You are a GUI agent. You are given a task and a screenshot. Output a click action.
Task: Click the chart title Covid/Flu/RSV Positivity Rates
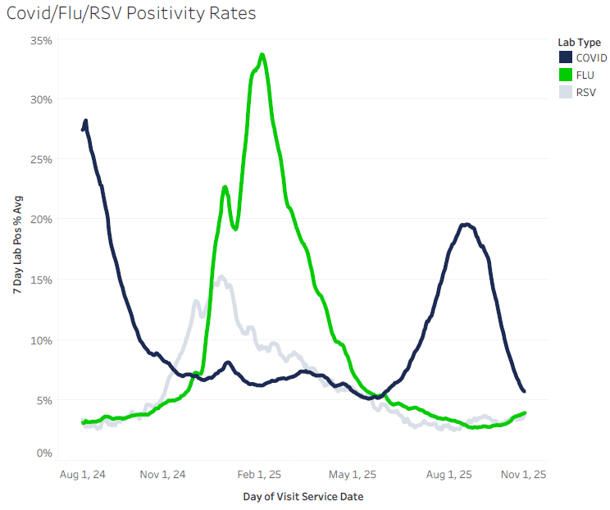coord(131,14)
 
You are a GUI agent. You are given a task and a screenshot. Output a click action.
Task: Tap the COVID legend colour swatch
coord(566,57)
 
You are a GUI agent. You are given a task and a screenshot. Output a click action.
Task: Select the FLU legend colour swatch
coord(566,75)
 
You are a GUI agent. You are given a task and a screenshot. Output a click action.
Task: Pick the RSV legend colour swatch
coord(566,92)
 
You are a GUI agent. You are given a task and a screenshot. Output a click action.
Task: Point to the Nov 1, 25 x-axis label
coord(523,474)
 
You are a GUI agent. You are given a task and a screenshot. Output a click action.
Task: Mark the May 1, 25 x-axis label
coord(353,474)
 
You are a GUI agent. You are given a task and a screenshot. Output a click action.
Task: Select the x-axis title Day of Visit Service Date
coord(303,497)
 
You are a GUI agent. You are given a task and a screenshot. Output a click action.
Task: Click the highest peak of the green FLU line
coord(262,55)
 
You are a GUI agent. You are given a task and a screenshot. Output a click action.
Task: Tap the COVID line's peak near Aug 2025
coord(466,225)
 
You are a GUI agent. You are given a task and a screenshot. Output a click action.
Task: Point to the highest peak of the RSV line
coord(221,277)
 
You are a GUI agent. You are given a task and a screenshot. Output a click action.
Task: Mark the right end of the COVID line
coord(524,391)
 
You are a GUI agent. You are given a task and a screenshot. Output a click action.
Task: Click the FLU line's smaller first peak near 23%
coord(225,188)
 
